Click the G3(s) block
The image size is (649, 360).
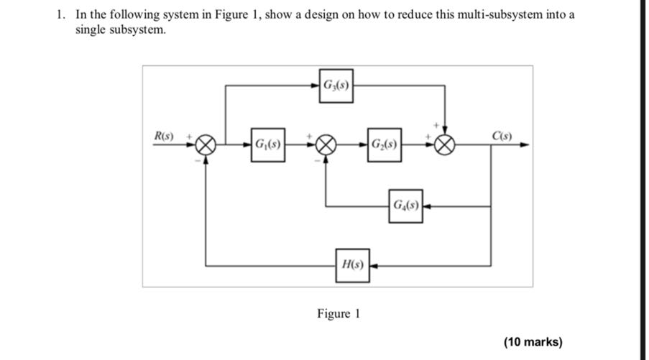pyautogui.click(x=336, y=86)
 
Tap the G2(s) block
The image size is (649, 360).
pyautogui.click(x=385, y=145)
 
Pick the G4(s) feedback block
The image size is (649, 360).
pyautogui.click(x=405, y=206)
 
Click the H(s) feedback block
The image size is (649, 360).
pyautogui.click(x=352, y=265)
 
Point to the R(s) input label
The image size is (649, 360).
pyautogui.click(x=167, y=136)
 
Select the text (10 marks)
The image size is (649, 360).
pyautogui.click(x=533, y=341)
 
